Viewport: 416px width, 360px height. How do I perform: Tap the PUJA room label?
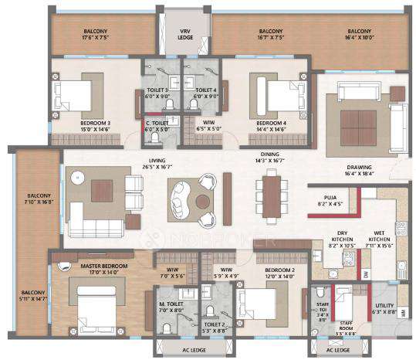pyautogui.click(x=328, y=204)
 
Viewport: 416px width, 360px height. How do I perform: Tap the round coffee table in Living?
pyautogui.click(x=202, y=201)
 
